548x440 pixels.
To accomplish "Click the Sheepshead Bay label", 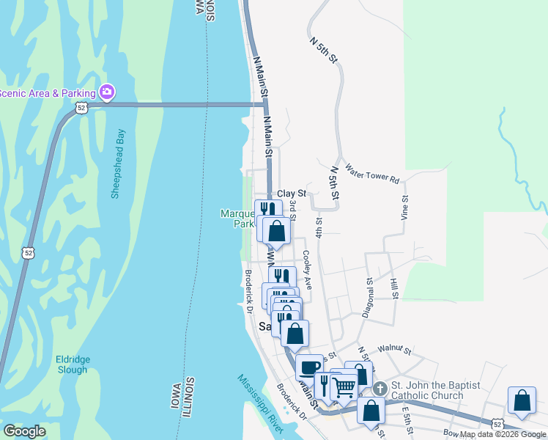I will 118,164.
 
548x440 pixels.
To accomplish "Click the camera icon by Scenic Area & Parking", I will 107,92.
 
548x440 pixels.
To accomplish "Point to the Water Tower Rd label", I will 373,173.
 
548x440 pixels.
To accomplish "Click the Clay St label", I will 290,194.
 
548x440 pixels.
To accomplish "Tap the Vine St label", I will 404,208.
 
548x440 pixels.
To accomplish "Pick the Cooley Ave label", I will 307,270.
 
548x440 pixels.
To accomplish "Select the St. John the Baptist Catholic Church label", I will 435,390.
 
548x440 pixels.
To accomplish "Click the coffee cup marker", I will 310,366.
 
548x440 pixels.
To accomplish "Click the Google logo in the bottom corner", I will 25,431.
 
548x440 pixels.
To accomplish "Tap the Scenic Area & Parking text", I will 48,93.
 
